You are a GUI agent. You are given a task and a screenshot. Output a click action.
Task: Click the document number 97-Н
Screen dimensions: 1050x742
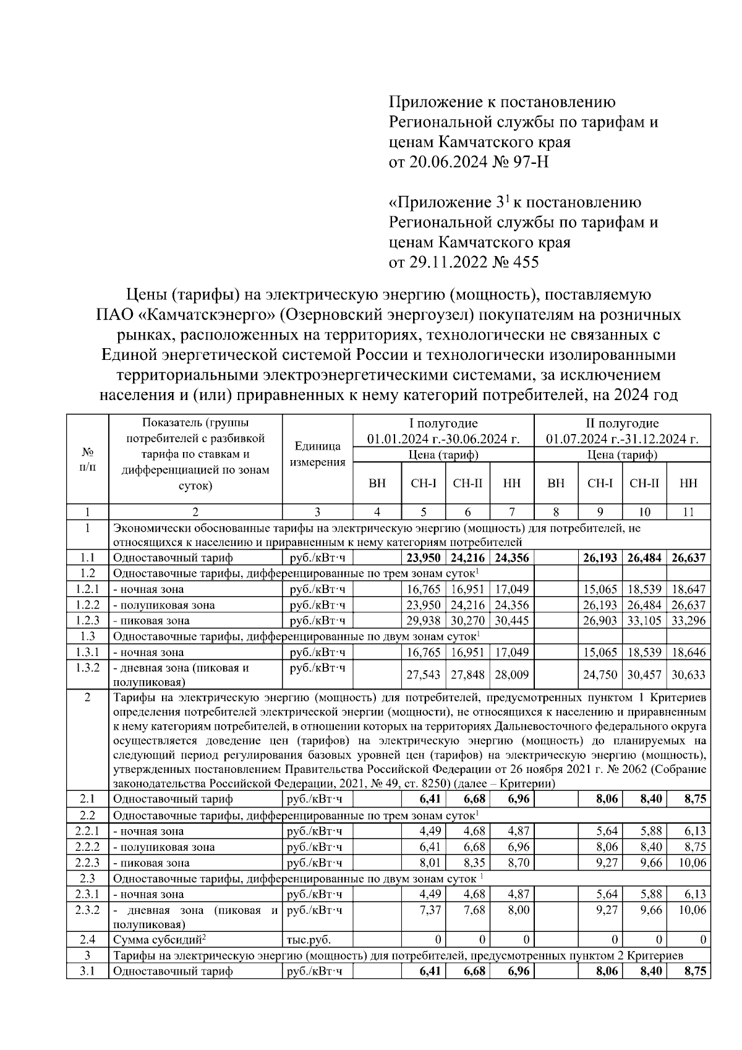(x=531, y=162)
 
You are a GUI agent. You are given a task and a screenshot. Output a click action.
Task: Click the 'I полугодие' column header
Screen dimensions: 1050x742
(x=443, y=424)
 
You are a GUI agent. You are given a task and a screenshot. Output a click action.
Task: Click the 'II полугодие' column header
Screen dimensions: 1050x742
(x=622, y=424)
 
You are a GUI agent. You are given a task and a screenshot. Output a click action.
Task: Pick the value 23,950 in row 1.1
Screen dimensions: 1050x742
(x=423, y=558)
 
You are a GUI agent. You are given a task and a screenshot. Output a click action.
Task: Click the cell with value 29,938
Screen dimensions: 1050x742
(x=423, y=621)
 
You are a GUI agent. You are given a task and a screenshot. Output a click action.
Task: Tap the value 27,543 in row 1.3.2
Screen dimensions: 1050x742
(x=423, y=675)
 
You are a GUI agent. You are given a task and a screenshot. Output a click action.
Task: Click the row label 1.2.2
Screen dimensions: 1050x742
(x=87, y=605)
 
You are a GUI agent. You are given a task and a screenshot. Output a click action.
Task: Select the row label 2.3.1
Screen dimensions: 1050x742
(x=87, y=894)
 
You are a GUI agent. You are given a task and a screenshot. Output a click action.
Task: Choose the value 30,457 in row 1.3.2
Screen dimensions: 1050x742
(x=644, y=675)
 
